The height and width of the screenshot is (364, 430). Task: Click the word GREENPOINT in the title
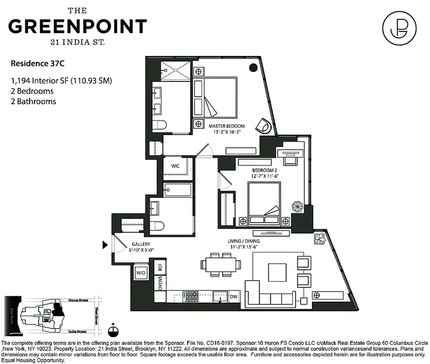tap(78, 26)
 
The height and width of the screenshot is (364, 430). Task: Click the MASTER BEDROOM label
tap(227, 126)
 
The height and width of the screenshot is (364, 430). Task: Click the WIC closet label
tap(175, 166)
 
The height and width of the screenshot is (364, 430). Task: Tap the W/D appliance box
tap(141, 273)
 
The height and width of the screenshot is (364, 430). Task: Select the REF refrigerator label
tap(160, 267)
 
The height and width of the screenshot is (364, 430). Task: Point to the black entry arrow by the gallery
tap(105, 245)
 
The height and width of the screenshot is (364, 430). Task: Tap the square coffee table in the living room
tap(277, 273)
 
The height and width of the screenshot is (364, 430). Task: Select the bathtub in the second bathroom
tap(178, 190)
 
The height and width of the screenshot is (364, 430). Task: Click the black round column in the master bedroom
tap(253, 68)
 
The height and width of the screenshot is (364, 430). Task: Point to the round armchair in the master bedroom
tap(264, 126)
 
